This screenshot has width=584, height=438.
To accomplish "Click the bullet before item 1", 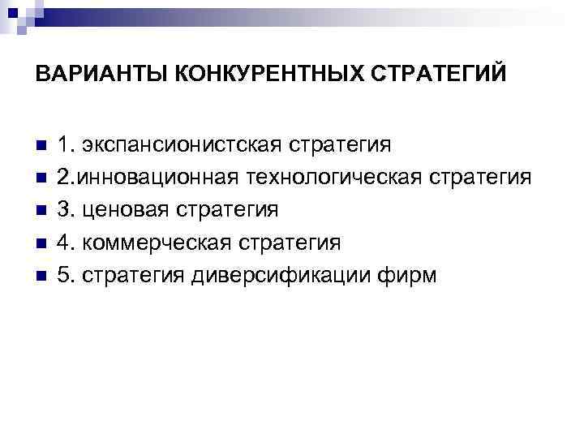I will click(x=41, y=145).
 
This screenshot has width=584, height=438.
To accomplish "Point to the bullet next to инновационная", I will click(x=41, y=178).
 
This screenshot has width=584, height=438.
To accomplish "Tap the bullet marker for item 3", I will click(x=41, y=211).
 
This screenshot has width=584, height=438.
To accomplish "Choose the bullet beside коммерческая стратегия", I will click(x=41, y=243).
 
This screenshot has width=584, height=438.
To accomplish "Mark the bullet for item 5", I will click(x=41, y=276).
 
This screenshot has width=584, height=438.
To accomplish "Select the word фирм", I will click(x=413, y=276).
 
